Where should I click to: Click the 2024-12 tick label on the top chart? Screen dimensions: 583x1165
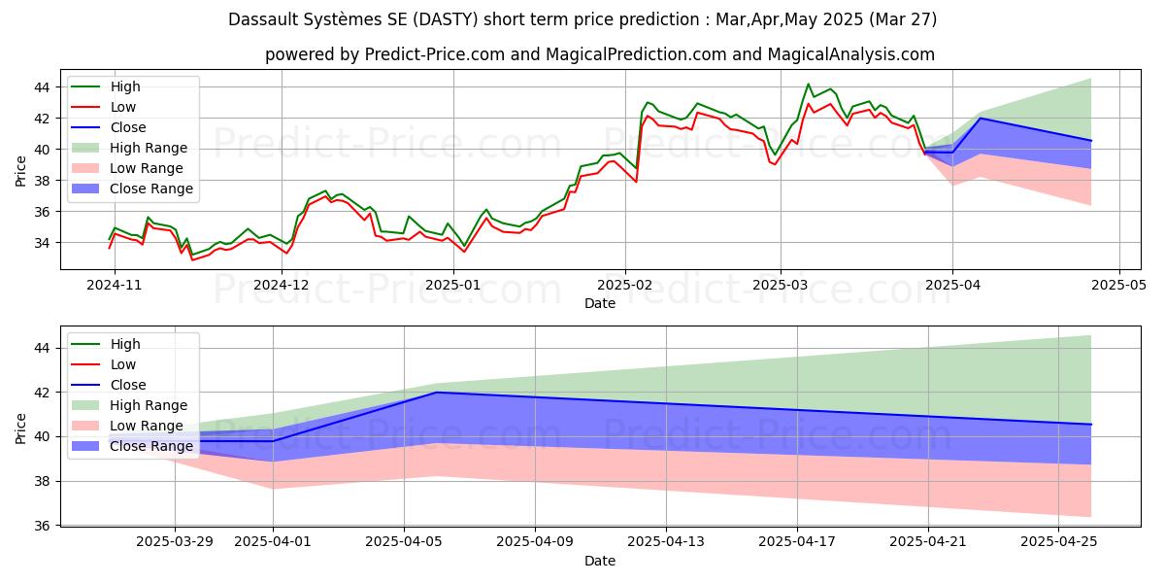click(x=282, y=285)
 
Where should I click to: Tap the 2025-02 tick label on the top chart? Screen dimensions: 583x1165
click(x=624, y=285)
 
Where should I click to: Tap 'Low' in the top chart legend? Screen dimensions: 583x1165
click(x=123, y=107)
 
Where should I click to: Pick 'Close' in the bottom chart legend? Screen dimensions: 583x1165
click(x=128, y=385)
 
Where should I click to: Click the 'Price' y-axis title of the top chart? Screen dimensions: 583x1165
click(x=21, y=171)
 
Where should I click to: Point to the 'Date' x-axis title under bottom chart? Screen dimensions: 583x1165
click(x=599, y=561)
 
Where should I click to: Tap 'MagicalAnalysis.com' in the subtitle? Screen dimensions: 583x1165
click(x=851, y=54)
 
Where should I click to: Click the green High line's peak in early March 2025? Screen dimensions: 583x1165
click(x=809, y=85)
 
